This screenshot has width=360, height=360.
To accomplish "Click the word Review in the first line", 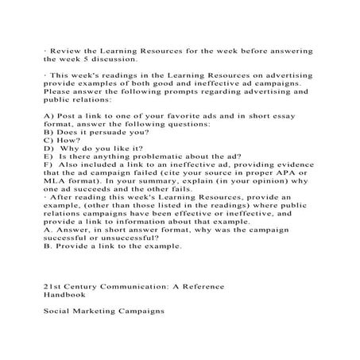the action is tap(67, 50).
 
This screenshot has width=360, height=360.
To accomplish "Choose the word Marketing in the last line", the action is tap(103, 311).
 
